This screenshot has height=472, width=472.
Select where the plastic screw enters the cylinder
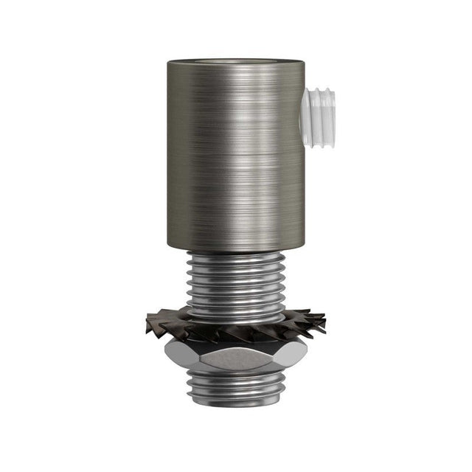305,108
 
